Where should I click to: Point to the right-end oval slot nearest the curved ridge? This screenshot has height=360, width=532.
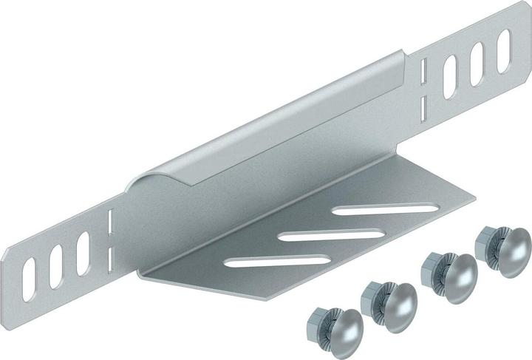point(451,74)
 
